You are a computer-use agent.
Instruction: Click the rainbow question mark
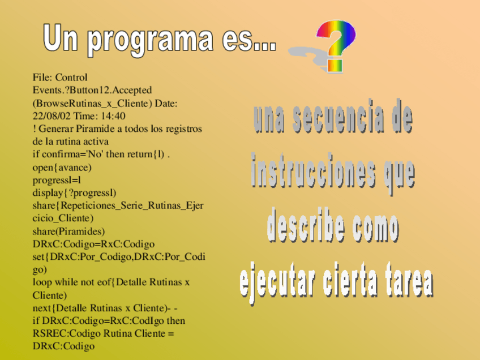(336, 46)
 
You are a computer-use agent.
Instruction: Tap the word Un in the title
(61, 38)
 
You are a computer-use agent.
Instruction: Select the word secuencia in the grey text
(338, 118)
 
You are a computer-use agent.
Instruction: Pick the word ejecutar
(277, 281)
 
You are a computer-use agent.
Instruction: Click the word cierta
(349, 280)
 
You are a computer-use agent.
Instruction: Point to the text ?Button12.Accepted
(106, 91)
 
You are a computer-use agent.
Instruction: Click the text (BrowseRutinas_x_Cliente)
(92, 104)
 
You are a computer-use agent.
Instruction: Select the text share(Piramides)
(68, 231)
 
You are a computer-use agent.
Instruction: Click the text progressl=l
(57, 181)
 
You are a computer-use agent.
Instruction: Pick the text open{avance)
(62, 168)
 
